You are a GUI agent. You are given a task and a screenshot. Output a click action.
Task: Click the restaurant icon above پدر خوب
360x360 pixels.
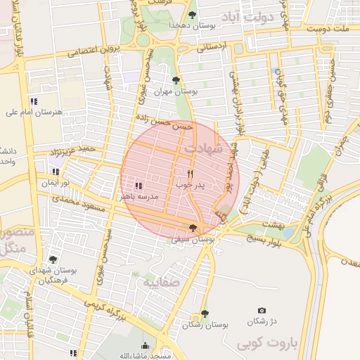189,173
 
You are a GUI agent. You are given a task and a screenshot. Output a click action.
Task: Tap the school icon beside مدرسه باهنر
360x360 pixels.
138,186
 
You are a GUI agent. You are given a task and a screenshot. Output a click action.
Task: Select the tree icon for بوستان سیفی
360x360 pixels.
193,227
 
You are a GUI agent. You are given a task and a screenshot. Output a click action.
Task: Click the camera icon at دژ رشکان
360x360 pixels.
262,311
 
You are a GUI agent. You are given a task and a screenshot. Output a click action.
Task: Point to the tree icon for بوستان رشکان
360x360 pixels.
205,314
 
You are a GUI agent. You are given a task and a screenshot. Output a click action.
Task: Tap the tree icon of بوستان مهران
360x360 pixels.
176,80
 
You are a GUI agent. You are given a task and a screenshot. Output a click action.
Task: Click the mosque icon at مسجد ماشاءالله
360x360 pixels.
146,345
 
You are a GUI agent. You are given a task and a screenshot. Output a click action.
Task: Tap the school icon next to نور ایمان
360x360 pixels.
56,172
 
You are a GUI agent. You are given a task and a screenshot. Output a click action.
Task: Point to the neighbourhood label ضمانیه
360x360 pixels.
162,283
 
